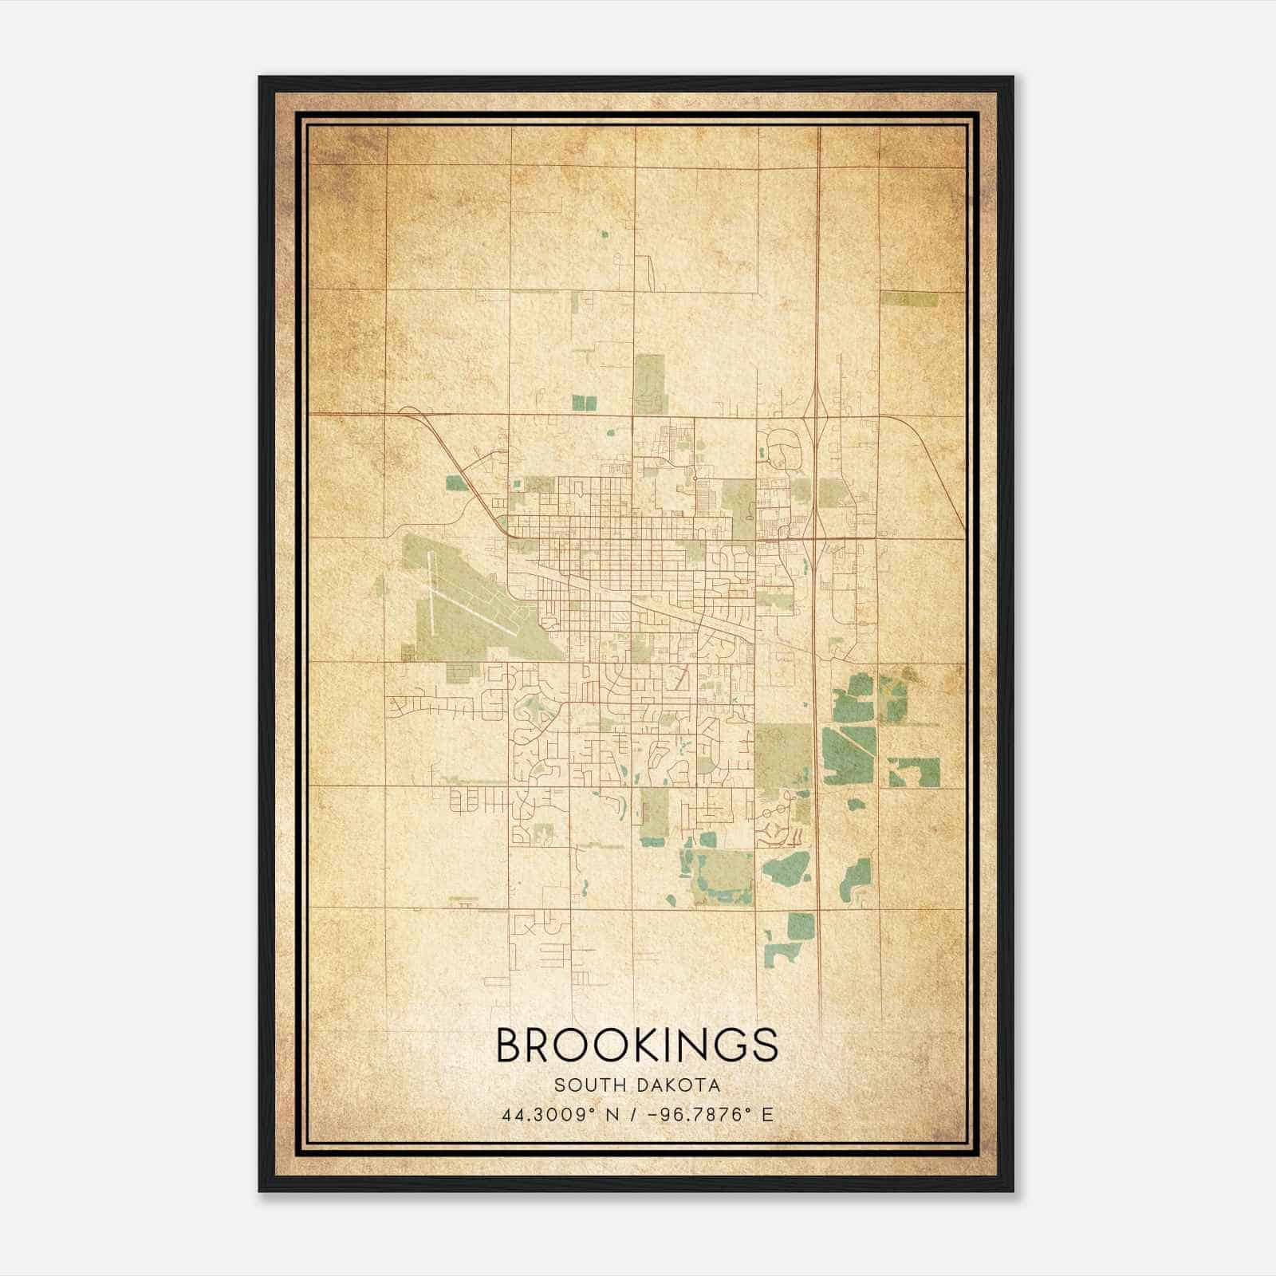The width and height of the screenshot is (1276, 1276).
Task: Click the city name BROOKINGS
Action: coord(636,1045)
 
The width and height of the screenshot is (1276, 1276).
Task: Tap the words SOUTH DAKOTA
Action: coord(637,1085)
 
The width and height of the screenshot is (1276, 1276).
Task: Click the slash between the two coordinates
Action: coord(633,1115)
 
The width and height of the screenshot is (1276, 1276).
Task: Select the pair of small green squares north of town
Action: coord(585,404)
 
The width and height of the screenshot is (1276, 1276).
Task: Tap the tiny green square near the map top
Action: coord(604,234)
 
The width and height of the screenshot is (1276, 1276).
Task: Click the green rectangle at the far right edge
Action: coord(909,299)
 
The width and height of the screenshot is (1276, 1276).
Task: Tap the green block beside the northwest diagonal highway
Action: coord(456,482)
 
